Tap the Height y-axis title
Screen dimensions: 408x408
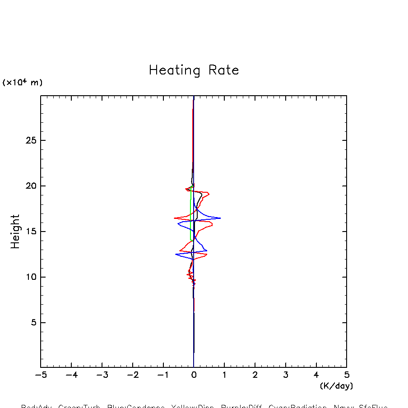[15, 232]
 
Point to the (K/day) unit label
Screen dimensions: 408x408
[336, 386]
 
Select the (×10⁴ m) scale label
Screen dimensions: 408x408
[23, 83]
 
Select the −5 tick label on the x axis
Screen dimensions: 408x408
[41, 375]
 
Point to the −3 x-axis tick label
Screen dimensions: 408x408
[102, 375]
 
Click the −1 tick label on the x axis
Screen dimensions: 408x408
[163, 375]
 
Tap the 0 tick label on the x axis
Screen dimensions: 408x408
[194, 375]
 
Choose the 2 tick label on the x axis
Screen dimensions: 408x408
[255, 375]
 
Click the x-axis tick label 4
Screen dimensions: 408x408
[316, 375]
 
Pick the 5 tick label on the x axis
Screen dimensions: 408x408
[347, 375]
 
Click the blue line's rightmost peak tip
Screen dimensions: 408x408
[220, 218]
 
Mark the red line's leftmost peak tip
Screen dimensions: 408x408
[174, 218]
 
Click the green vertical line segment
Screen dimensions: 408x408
[191, 212]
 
